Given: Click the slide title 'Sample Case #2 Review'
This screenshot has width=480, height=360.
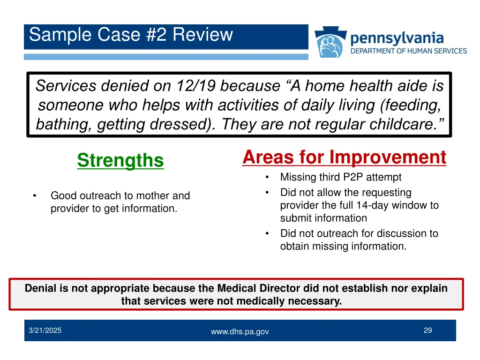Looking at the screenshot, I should (131, 35).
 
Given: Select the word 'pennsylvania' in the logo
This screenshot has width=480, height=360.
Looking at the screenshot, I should (397, 37).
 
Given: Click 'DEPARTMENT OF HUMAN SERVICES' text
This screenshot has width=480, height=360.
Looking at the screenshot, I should (409, 51).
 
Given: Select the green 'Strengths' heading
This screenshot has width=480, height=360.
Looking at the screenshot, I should (120, 160).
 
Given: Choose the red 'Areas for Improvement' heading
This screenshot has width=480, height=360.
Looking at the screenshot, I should (344, 157).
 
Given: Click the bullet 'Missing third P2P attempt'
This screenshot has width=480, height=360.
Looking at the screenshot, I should (341, 177).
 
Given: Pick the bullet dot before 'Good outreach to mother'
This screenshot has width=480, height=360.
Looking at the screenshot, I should (35, 196).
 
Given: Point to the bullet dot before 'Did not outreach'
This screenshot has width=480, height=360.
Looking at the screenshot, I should (267, 233).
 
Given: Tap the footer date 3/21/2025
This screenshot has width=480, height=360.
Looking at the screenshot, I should (45, 330).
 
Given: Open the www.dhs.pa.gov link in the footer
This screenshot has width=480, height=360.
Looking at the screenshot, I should (240, 331).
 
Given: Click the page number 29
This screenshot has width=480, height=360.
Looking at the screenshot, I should (427, 330).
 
